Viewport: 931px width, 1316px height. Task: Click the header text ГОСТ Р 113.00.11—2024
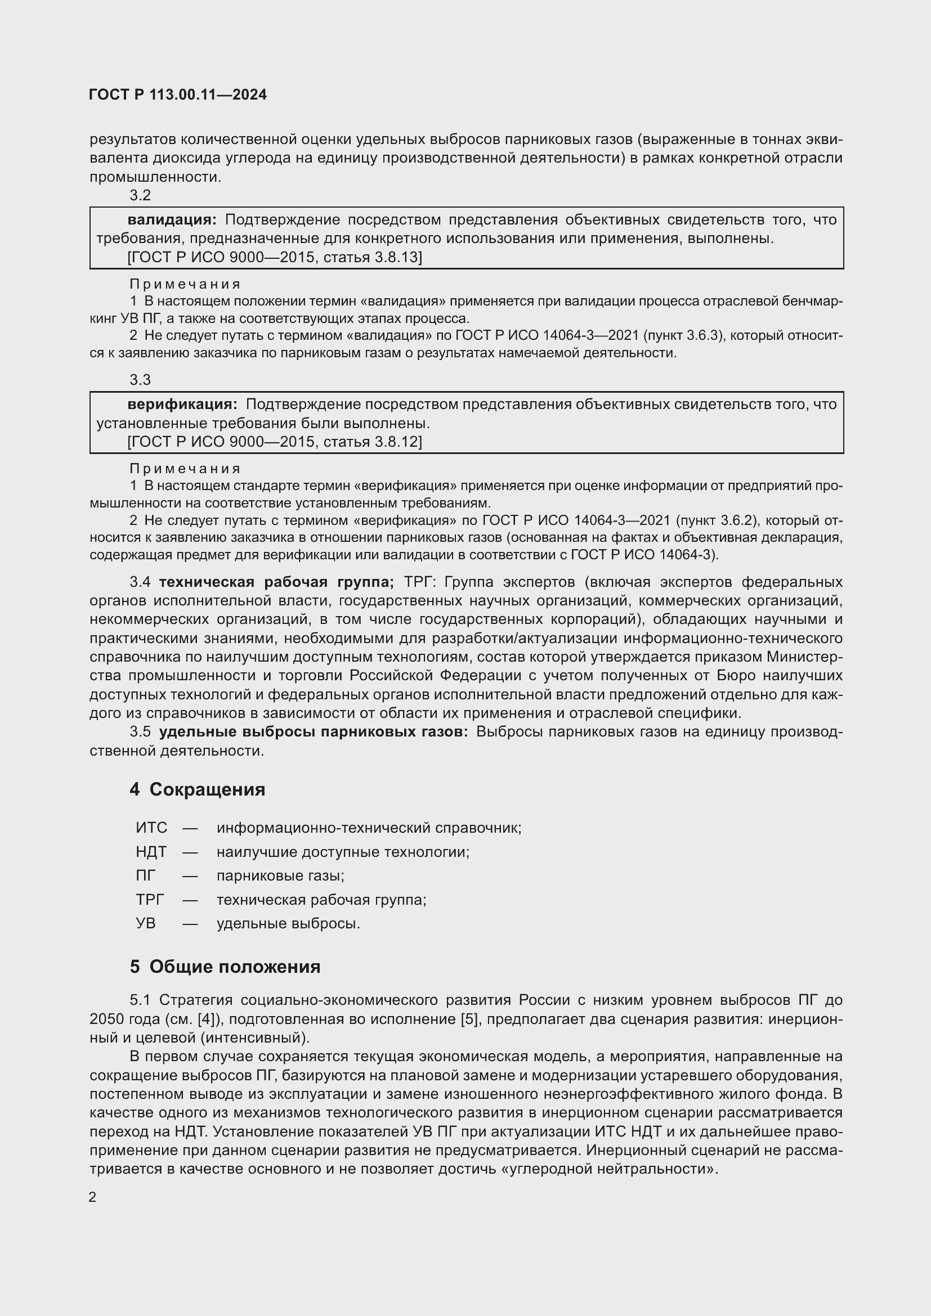pyautogui.click(x=178, y=95)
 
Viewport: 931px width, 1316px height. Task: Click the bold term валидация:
pyautogui.click(x=172, y=219)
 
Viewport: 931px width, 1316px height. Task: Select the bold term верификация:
pyautogui.click(x=182, y=404)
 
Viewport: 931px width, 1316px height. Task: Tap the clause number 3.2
pyautogui.click(x=140, y=195)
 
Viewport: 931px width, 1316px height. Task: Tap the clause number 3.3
pyautogui.click(x=140, y=380)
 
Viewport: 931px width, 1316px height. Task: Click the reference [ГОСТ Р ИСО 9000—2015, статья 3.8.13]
pyautogui.click(x=274, y=257)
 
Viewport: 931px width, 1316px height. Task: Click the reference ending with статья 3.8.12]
pyautogui.click(x=274, y=442)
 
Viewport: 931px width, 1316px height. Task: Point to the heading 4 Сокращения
pyautogui.click(x=197, y=789)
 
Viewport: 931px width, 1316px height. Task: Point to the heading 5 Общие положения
pyautogui.click(x=225, y=967)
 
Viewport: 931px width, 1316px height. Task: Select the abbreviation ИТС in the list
pyautogui.click(x=151, y=828)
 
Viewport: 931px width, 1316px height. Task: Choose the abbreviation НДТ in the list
pyautogui.click(x=151, y=852)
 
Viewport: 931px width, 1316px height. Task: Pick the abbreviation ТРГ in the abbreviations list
pyautogui.click(x=150, y=900)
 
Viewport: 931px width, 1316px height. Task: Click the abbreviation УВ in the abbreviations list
pyautogui.click(x=146, y=924)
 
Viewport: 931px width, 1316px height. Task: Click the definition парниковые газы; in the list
pyautogui.click(x=280, y=876)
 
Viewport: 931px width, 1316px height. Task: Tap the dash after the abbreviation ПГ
pyautogui.click(x=190, y=876)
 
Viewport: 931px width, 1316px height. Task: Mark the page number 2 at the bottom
pyautogui.click(x=92, y=1197)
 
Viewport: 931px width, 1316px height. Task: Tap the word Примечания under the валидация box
pyautogui.click(x=185, y=284)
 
